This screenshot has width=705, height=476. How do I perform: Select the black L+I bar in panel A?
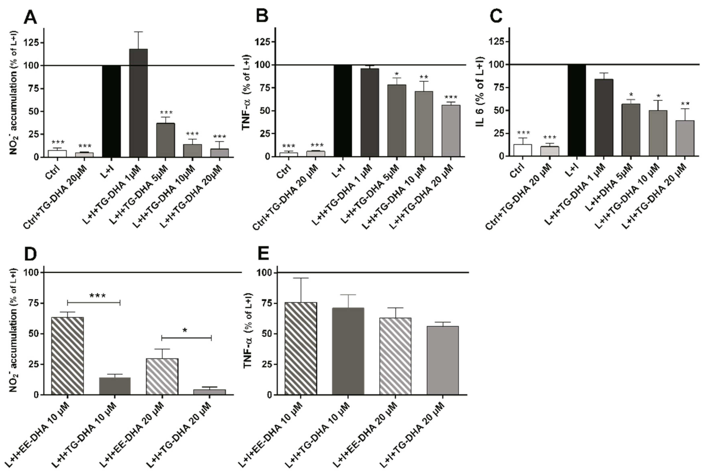click(x=111, y=111)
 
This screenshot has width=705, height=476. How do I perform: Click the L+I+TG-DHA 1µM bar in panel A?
click(x=138, y=103)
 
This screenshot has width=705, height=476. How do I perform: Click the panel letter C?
click(x=496, y=16)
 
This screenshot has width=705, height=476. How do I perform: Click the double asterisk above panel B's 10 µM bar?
click(x=424, y=77)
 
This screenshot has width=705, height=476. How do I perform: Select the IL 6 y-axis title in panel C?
click(x=480, y=92)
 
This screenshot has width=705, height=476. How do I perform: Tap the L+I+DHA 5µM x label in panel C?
click(x=609, y=187)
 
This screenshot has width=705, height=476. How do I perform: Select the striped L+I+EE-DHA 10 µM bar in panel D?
click(x=67, y=356)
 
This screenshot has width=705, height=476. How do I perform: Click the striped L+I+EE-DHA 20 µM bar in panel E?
click(x=395, y=356)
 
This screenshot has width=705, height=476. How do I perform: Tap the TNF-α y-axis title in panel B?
click(x=246, y=93)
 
